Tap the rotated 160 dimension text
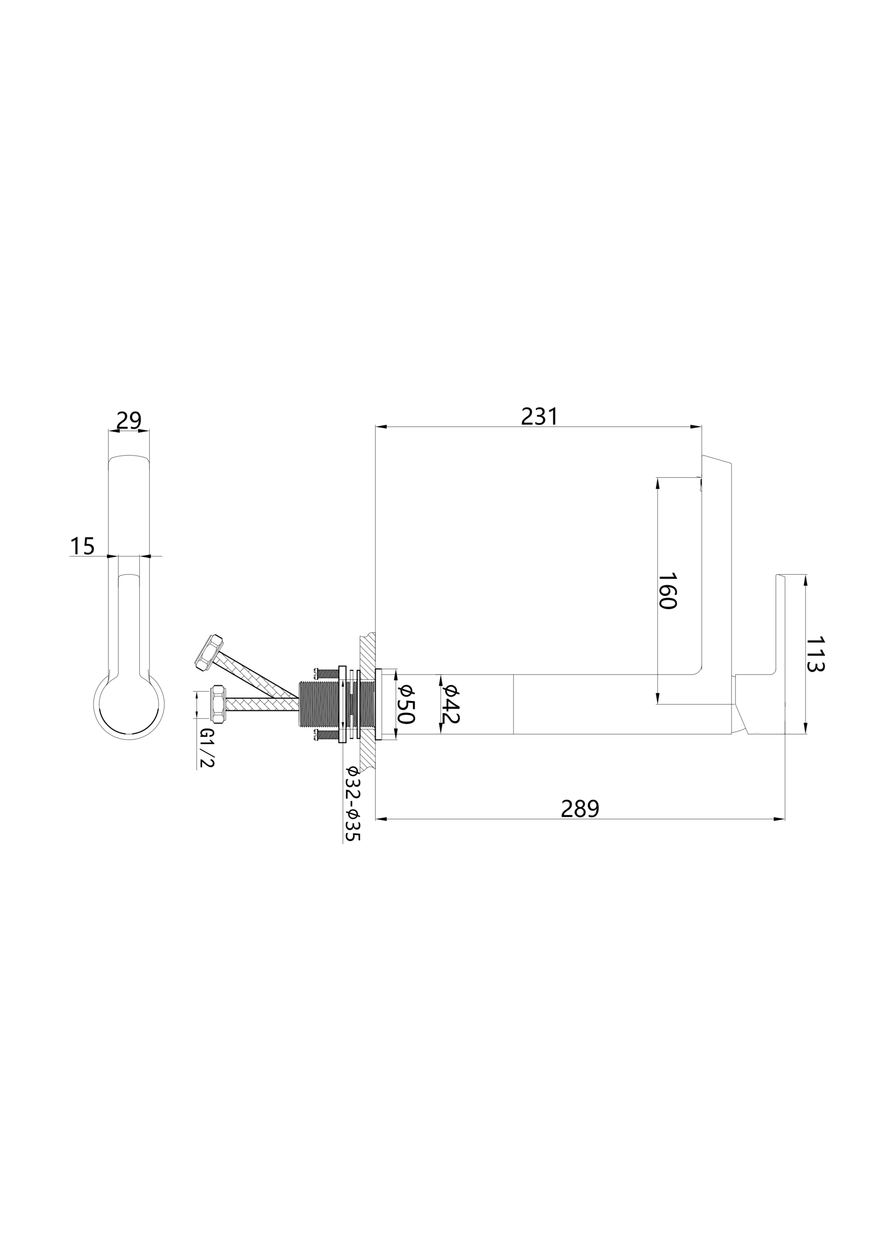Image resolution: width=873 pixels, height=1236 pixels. pyautogui.click(x=667, y=591)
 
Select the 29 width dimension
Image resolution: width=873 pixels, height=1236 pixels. pyautogui.click(x=129, y=420)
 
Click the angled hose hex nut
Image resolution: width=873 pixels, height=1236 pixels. pyautogui.click(x=209, y=652)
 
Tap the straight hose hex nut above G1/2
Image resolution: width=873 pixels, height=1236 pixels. pyautogui.click(x=218, y=704)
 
